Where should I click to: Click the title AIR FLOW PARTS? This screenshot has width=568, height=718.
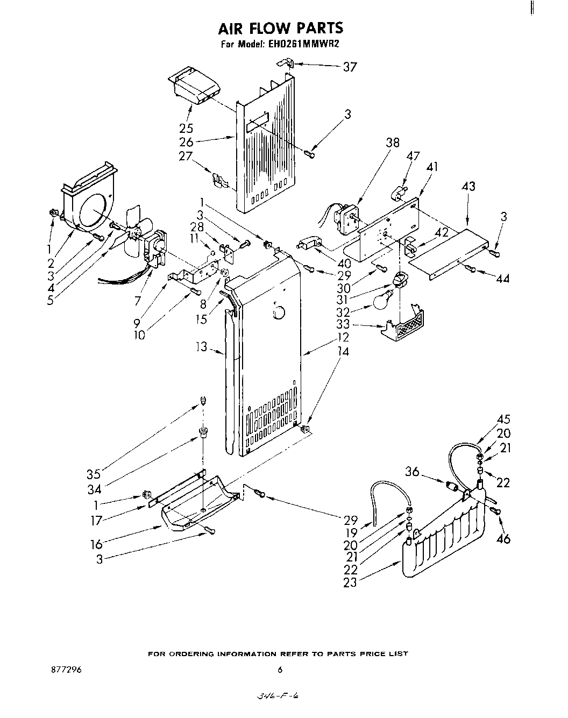(280, 28)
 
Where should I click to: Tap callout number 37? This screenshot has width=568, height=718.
(350, 67)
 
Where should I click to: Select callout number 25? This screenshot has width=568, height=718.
(187, 129)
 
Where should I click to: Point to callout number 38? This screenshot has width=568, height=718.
(393, 143)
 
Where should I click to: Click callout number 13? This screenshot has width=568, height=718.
(201, 348)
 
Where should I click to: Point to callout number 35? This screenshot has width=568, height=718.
(94, 474)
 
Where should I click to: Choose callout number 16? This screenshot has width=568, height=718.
(96, 544)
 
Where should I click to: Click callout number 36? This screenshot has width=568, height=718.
(412, 472)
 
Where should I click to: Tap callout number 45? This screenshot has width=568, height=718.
(503, 420)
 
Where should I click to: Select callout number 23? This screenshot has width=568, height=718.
(350, 582)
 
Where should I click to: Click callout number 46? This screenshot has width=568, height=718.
(503, 538)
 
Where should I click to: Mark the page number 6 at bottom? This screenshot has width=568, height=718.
(280, 670)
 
